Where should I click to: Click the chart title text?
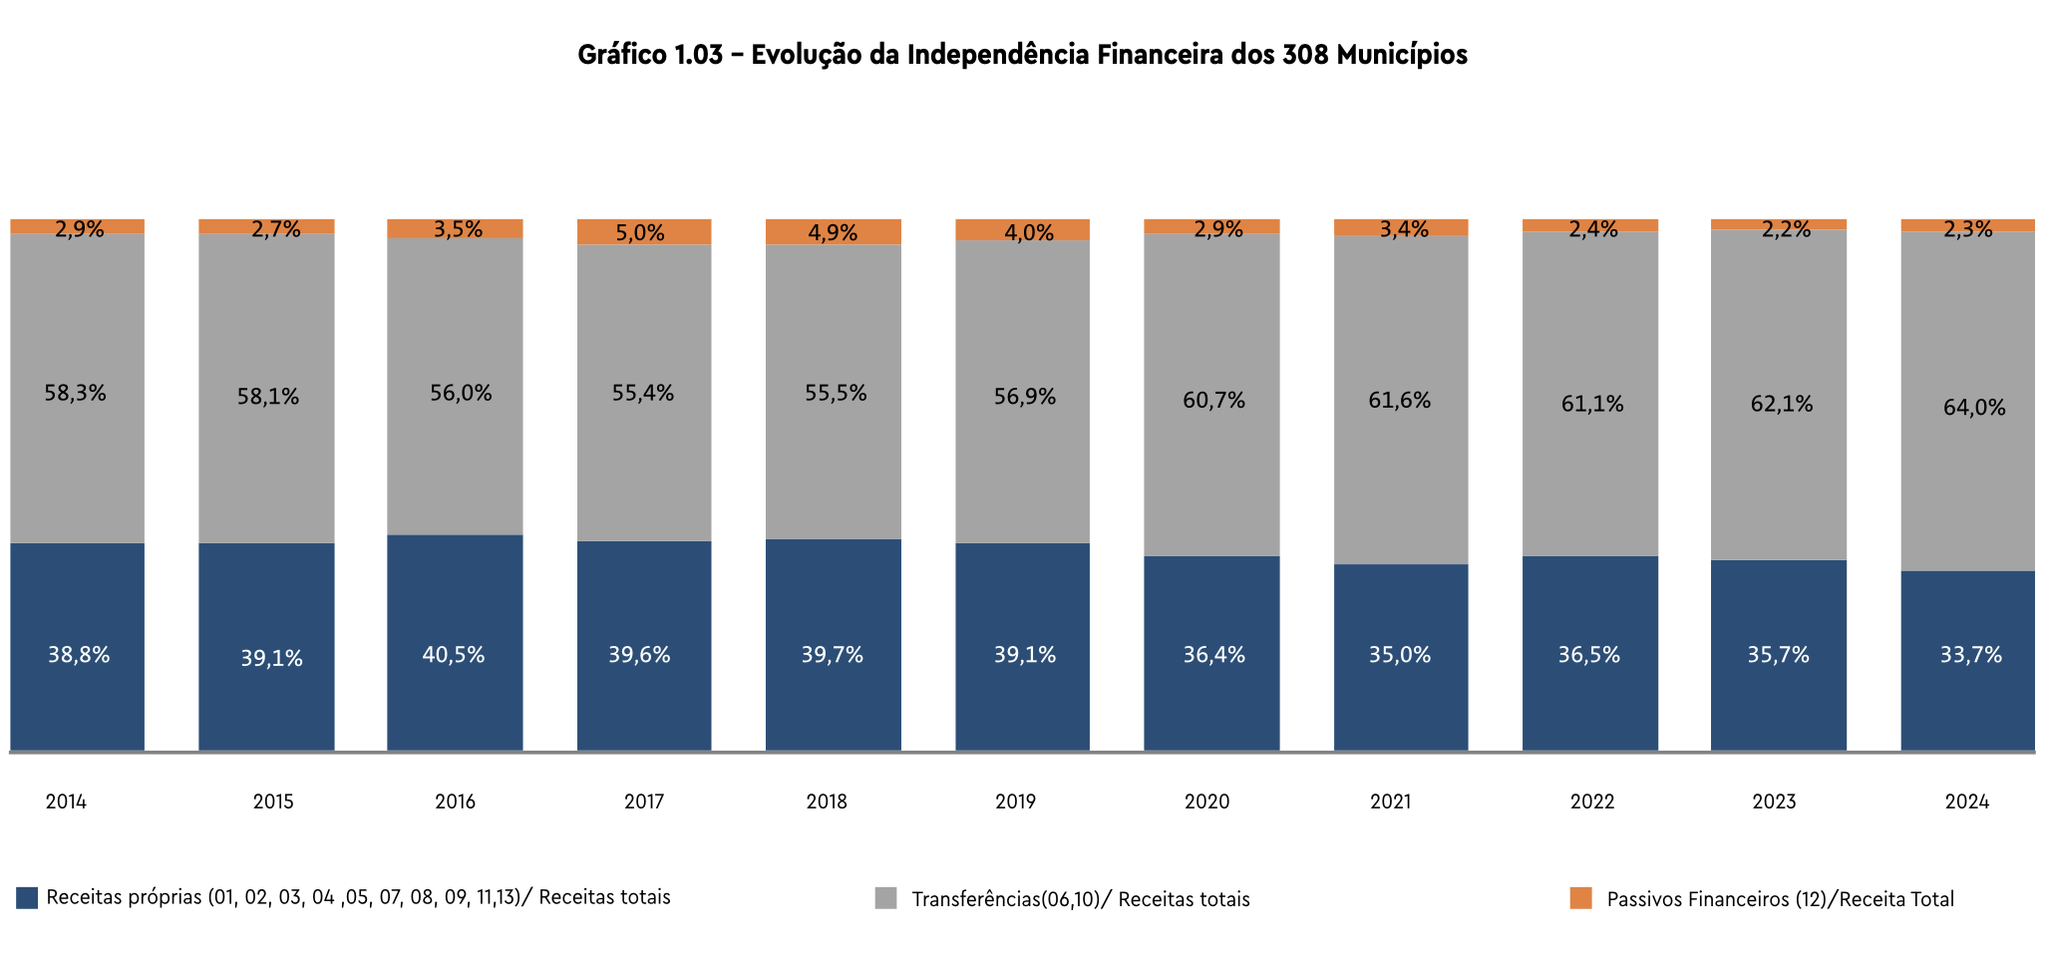pos(1022,54)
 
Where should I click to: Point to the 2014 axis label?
pos(66,801)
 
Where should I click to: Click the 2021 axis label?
pos(1390,801)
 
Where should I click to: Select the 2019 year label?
pos(1015,801)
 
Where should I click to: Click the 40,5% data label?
pos(454,655)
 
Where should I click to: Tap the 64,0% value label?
pos(1974,407)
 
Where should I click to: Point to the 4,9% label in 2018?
pos(833,233)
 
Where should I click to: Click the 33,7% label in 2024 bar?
pos(1970,655)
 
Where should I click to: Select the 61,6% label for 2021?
pos(1399,400)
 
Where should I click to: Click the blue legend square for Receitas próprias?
pos(27,897)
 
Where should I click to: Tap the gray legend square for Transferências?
pos(885,898)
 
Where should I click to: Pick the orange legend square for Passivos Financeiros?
pos(1580,898)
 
